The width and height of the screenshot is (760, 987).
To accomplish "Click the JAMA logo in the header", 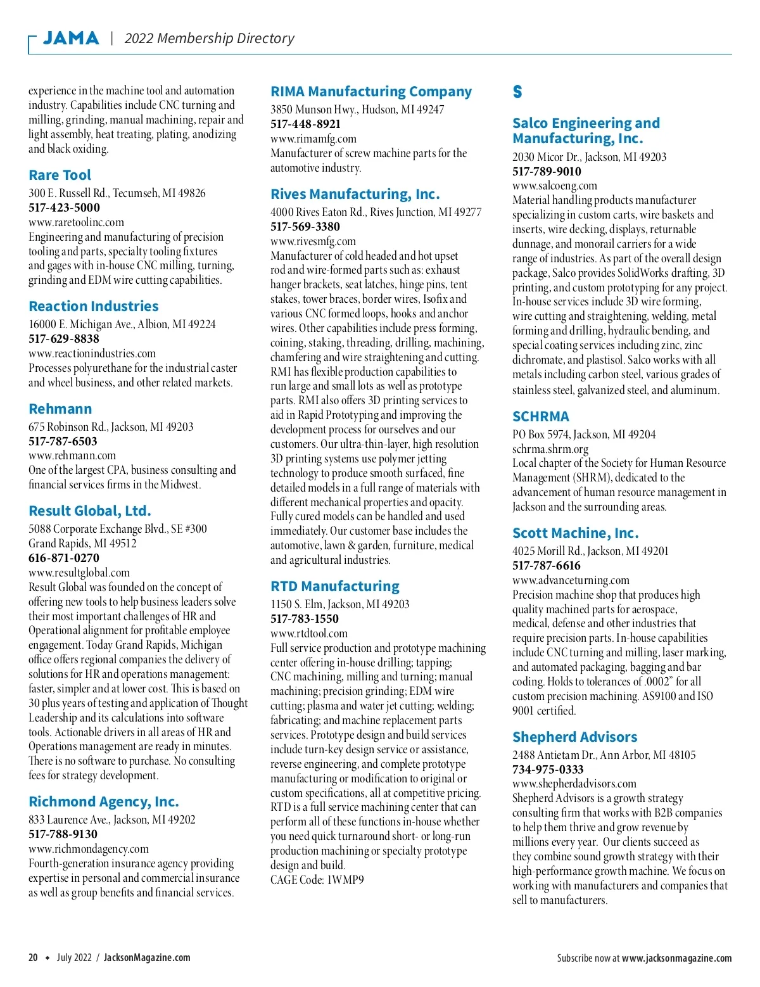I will coord(71,38).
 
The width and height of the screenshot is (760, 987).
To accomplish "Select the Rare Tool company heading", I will coord(60,175).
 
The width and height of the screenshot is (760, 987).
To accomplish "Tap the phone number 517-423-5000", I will coord(64,208).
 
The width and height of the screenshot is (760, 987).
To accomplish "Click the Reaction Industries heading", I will coord(94,307).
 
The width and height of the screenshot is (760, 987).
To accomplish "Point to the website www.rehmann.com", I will coord(72,455).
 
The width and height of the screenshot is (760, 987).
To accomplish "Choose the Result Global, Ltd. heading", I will coord(90,511).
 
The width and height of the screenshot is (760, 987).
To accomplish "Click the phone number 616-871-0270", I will coord(64,558).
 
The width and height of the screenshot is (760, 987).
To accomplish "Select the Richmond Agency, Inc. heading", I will coord(104,802).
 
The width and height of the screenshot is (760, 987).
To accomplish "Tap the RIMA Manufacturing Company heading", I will coord(371,92).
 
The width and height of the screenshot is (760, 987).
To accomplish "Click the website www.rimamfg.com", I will coord(313,139).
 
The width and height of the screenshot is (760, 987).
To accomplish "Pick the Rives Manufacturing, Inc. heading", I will coord(355,194).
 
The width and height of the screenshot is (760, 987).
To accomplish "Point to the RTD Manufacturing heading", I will coord(335,587).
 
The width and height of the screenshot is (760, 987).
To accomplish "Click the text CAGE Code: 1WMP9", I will coord(317,880).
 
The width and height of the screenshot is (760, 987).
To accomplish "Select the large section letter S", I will coord(517,92).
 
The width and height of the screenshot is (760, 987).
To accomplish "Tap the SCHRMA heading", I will coord(541,417).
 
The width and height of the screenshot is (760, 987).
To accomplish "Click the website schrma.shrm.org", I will coord(550,449).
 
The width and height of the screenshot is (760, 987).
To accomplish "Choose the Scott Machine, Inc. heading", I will coord(576,533).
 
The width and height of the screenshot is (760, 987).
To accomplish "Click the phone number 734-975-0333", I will coord(548,770).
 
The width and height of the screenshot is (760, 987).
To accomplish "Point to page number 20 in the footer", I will coord(33,958).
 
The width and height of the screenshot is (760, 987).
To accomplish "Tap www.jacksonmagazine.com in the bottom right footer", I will coord(676,958).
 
